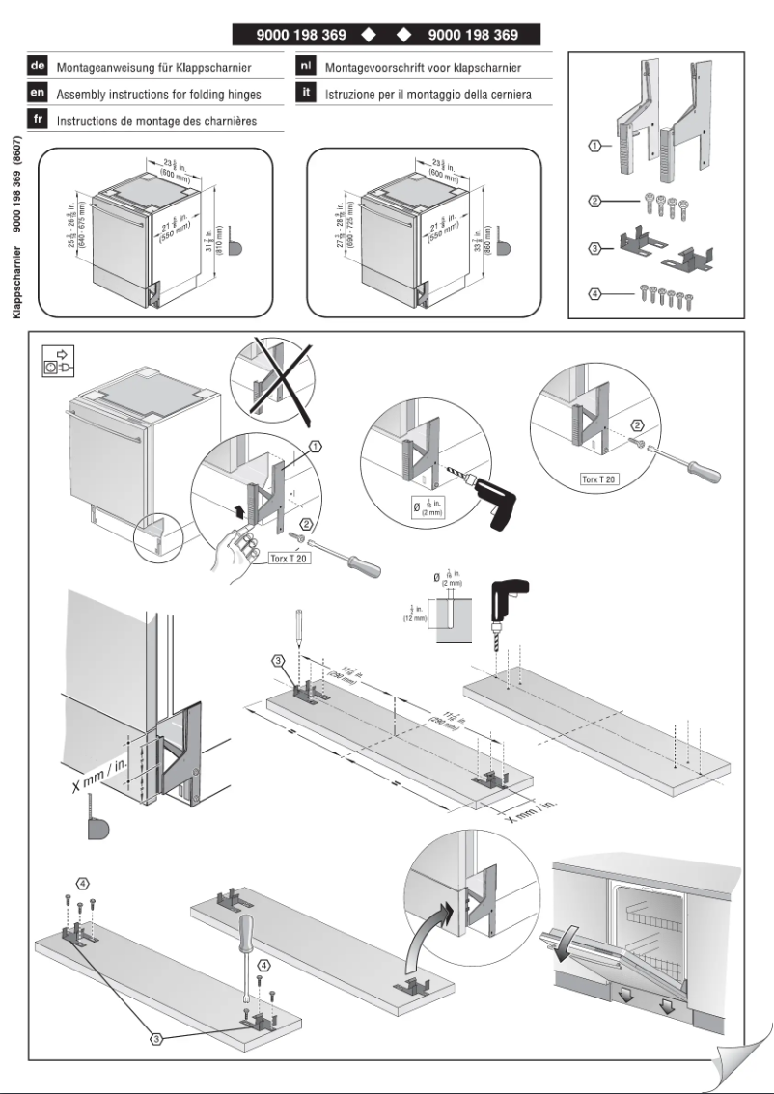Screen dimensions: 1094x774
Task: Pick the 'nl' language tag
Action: pos(302,68)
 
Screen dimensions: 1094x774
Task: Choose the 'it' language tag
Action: pos(302,96)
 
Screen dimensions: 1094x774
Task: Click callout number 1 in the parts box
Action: pos(597,146)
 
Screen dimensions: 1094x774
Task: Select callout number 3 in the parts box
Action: pos(597,248)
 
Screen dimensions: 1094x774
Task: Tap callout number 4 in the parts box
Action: pos(597,292)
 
